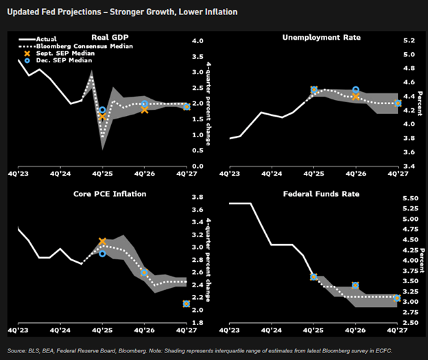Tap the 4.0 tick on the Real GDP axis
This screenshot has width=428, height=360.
click(198, 41)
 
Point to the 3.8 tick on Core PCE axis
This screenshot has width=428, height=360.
click(198, 197)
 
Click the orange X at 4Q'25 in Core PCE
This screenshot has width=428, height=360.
click(102, 241)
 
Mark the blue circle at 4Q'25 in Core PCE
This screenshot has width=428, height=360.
click(102, 254)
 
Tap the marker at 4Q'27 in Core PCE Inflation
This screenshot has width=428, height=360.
click(187, 303)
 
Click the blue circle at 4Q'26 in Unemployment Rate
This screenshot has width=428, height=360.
click(355, 90)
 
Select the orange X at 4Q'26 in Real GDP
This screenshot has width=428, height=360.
click(144, 109)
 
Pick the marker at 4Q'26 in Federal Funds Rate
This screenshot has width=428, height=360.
click(355, 285)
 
